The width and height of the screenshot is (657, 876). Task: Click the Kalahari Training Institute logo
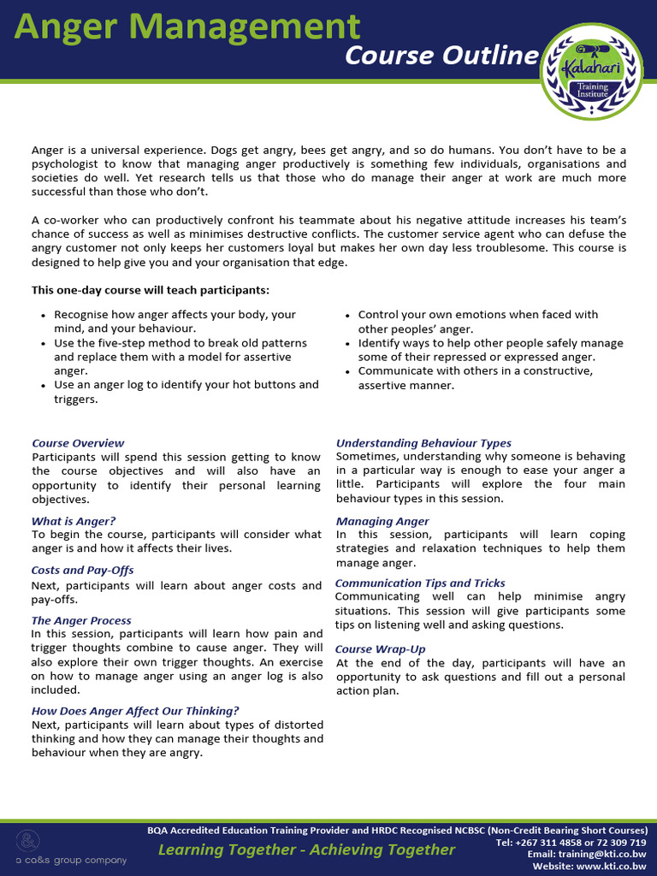[x=591, y=72]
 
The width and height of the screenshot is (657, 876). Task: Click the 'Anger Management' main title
[x=187, y=27]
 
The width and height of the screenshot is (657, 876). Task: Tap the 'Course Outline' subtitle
[x=441, y=56]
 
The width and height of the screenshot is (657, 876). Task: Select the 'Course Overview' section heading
[x=78, y=443]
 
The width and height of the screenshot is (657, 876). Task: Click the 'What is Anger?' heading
[x=74, y=521]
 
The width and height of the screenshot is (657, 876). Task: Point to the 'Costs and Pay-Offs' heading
[x=82, y=571]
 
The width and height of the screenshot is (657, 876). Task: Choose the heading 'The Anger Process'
[x=81, y=620]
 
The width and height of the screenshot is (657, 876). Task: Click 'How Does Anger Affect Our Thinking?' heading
[x=135, y=711]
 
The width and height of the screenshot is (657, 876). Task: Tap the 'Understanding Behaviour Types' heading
[x=423, y=443]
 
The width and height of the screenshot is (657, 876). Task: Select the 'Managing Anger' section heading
[x=382, y=521]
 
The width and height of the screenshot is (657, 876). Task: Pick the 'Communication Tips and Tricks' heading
[x=420, y=583]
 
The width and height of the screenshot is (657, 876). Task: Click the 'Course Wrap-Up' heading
[x=381, y=649]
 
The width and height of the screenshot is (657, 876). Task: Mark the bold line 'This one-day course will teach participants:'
[x=151, y=290]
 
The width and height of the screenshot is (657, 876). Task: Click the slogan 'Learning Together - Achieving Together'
[x=306, y=849]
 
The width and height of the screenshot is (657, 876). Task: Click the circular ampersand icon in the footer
[x=27, y=840]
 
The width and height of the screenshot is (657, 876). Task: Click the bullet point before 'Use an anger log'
[x=44, y=386]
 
